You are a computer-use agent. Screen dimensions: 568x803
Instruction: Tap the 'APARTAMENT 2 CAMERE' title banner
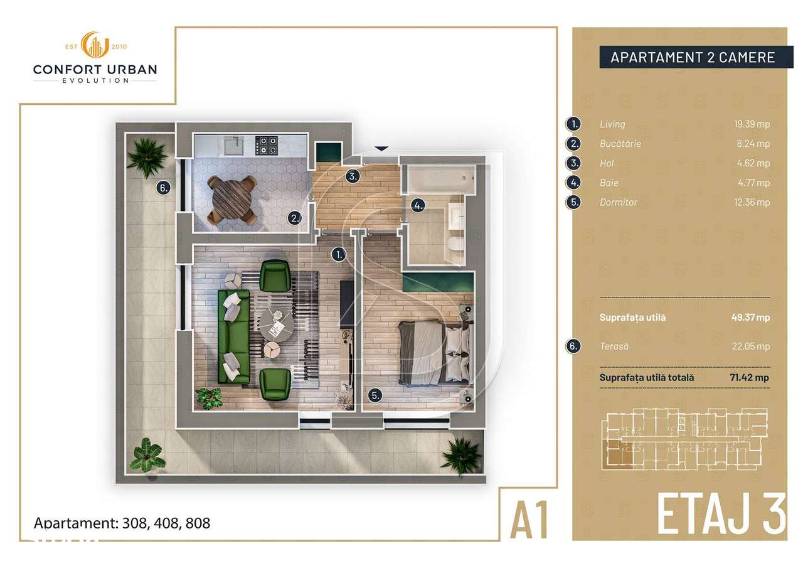coord(693,58)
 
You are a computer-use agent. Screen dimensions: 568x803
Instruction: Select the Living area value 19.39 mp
coord(754,124)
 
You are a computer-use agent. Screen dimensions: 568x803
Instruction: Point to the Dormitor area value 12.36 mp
coord(754,202)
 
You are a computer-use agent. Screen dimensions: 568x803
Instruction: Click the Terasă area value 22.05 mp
coord(753,346)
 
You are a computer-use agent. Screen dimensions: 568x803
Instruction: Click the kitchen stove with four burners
coord(269,146)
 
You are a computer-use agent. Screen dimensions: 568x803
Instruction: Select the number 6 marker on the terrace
coord(163,187)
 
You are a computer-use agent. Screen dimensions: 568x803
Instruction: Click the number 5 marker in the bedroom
coord(375,395)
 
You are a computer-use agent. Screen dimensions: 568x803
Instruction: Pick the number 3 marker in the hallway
coord(354,176)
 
